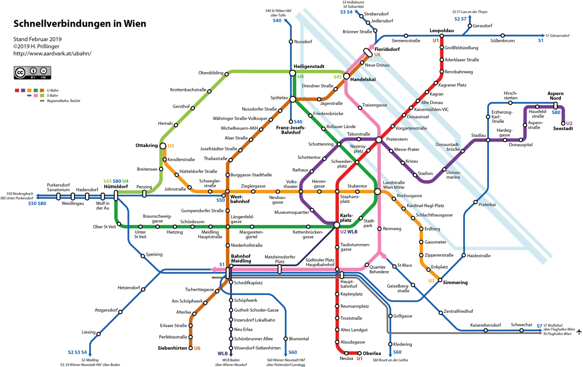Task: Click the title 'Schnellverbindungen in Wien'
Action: (80, 24)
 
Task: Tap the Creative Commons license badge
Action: (32, 72)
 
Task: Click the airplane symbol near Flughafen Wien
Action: (579, 332)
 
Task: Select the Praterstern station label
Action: (397, 139)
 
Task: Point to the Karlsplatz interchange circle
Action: (337, 225)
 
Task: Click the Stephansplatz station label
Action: (350, 199)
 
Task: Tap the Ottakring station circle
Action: (163, 146)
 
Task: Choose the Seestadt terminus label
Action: (563, 129)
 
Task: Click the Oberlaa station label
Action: (372, 353)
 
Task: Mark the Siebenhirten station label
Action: (172, 348)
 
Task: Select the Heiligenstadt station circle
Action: (292, 73)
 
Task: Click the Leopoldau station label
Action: (441, 30)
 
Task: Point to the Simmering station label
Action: (455, 282)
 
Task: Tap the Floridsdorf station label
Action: (387, 49)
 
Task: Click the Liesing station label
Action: (88, 332)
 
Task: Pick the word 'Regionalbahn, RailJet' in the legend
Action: (63, 101)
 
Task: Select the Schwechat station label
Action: (521, 325)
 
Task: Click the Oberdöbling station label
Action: (211, 73)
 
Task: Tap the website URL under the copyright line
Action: (52, 54)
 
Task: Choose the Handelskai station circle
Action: (346, 76)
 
